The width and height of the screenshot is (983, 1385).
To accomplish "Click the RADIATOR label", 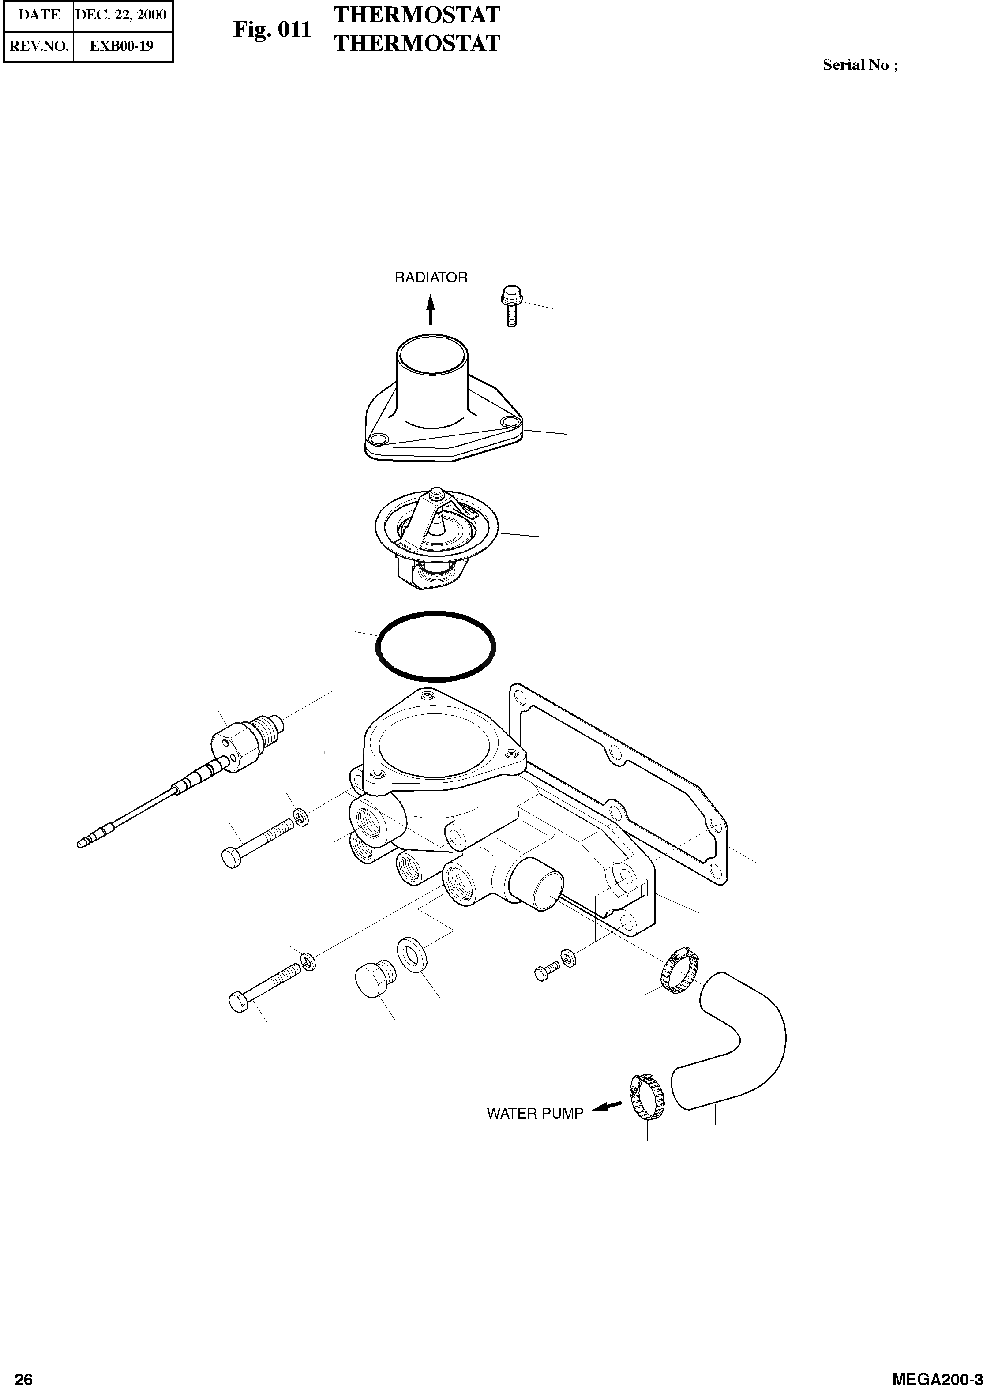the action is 431,278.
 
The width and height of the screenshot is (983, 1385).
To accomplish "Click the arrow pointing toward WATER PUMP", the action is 607,1106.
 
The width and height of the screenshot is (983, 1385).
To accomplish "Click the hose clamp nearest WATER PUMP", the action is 646,1096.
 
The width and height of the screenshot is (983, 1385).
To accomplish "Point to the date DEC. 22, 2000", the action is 121,15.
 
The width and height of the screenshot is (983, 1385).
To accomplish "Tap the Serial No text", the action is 859,65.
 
